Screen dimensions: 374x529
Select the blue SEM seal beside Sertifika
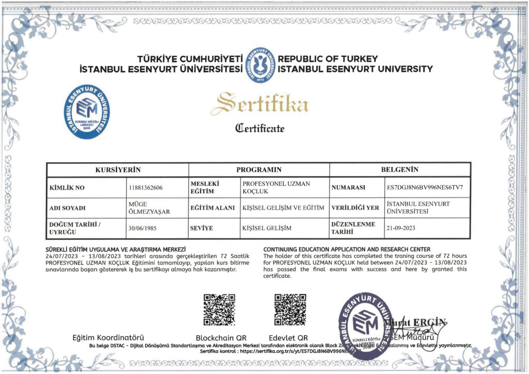pos(87,112)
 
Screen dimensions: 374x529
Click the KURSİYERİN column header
pos(118,169)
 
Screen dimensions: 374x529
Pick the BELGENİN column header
pos(399,169)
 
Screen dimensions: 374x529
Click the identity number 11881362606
pos(145,188)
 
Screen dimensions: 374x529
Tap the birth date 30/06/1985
pos(143,228)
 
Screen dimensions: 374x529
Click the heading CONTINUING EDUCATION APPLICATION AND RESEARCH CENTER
pos(346,250)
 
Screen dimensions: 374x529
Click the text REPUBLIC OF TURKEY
pos(328,59)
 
